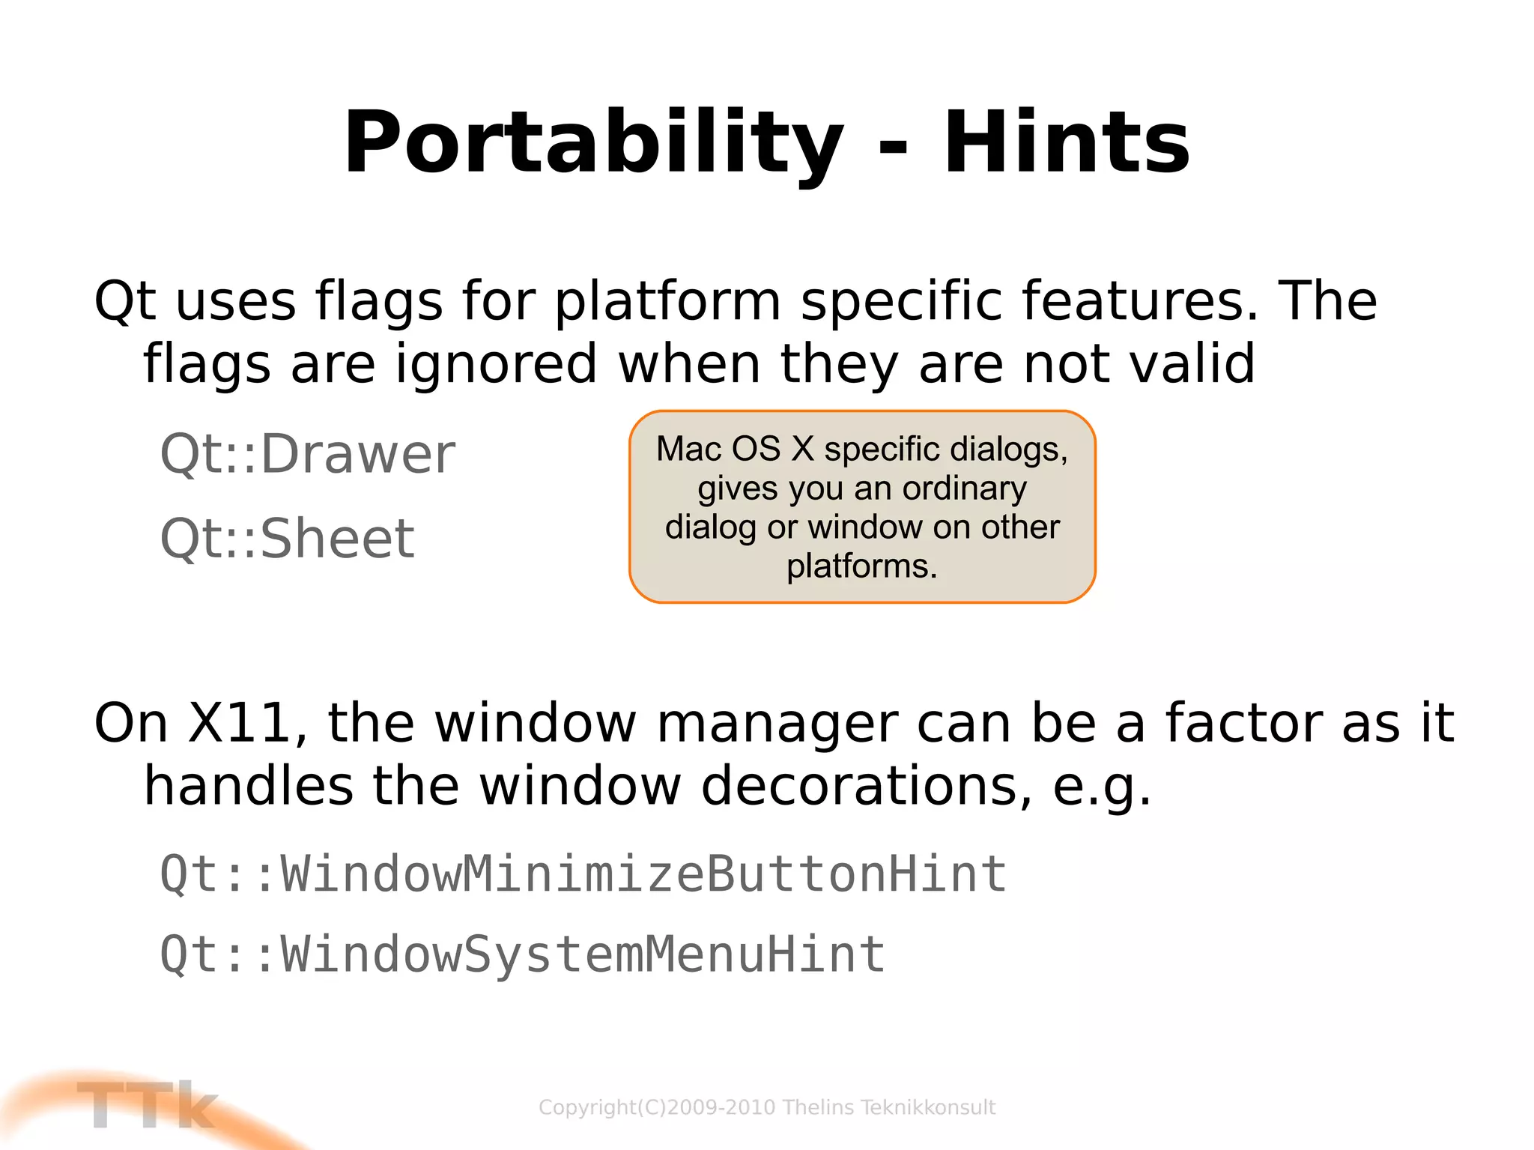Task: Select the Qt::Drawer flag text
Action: tap(307, 454)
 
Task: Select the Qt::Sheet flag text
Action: tap(287, 539)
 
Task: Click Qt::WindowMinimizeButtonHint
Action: tap(583, 874)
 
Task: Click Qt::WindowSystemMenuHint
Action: tap(522, 954)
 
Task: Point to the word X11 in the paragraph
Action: tap(238, 723)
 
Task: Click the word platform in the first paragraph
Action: tap(667, 301)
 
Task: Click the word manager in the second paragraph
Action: tap(776, 723)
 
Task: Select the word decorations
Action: tap(867, 786)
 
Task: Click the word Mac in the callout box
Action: tap(688, 449)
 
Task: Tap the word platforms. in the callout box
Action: tap(861, 566)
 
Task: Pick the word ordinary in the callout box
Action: tap(964, 488)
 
